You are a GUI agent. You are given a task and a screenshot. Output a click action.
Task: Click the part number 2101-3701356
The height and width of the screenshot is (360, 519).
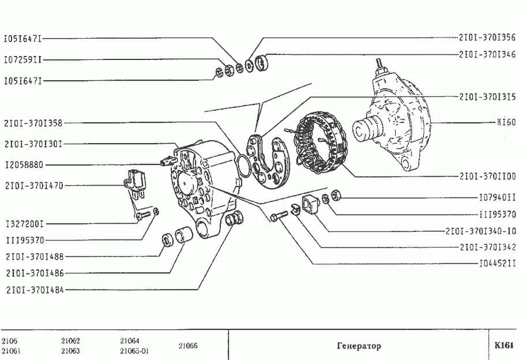[x=487, y=38]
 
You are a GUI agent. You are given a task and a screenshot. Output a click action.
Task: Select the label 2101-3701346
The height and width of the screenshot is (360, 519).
[x=487, y=55]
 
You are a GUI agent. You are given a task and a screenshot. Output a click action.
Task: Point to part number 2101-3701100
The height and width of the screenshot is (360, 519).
[x=487, y=177]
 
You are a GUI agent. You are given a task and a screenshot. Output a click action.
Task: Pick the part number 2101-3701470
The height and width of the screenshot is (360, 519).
[x=33, y=186]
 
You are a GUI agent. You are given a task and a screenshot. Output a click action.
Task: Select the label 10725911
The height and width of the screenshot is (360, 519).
[x=22, y=59]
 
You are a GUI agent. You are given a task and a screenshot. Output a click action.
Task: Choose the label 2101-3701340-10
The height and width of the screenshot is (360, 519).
[x=480, y=231]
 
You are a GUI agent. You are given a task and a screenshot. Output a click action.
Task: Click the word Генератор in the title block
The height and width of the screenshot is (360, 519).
[x=359, y=346]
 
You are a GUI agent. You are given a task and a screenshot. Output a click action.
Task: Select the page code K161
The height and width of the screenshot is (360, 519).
[x=503, y=346]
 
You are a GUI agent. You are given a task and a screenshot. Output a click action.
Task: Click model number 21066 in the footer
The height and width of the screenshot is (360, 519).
[x=187, y=346]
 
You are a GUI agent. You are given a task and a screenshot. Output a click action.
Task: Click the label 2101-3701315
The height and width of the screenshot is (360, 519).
[x=487, y=96]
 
